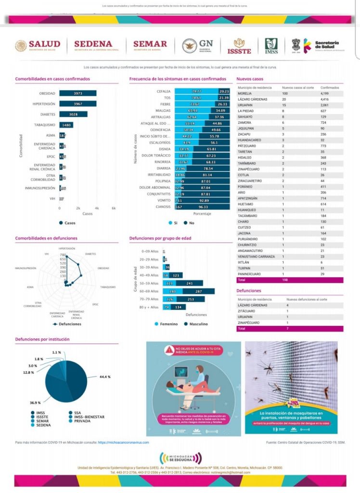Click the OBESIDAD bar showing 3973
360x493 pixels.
click(x=78, y=93)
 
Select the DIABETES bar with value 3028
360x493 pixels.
click(x=74, y=114)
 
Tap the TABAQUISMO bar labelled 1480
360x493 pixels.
click(x=66, y=125)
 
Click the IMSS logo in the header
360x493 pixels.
click(x=271, y=46)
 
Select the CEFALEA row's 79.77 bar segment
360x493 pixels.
click(x=196, y=91)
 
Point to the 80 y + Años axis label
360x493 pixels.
click(x=149, y=307)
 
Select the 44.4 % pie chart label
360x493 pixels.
click(x=105, y=376)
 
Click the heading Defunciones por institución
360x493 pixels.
click(x=42, y=339)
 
